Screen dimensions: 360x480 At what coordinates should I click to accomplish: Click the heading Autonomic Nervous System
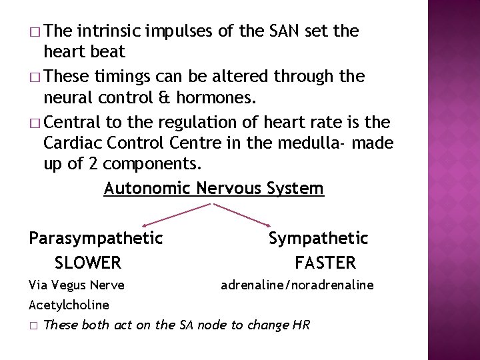214,189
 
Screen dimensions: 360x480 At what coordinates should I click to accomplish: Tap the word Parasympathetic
96,238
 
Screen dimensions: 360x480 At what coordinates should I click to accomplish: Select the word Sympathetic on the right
318,238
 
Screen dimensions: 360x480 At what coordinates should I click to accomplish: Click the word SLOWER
88,263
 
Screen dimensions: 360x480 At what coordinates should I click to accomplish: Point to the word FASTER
325,263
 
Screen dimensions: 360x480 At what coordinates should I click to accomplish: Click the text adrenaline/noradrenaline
297,285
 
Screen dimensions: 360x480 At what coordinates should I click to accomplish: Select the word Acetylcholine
69,305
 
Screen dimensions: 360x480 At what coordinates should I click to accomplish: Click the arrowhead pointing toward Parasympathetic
146,224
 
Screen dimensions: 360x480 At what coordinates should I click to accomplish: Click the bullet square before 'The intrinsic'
35,31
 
